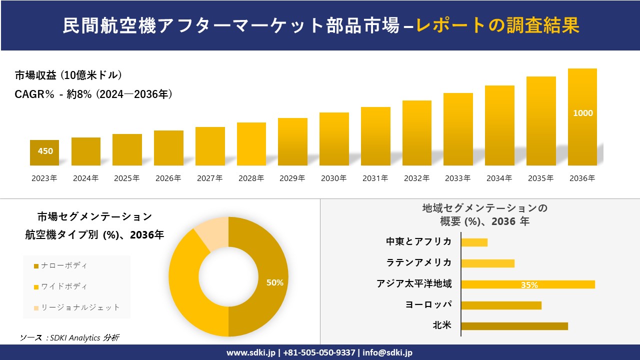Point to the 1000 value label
pyautogui.click(x=582, y=113)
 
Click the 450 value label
pyautogui.click(x=45, y=151)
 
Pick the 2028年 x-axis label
pyautogui.click(x=251, y=178)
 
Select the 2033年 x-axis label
pyautogui.click(x=458, y=178)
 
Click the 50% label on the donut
pyautogui.click(x=274, y=282)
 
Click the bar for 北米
pyautogui.click(x=514, y=326)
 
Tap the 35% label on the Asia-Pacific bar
pyautogui.click(x=529, y=285)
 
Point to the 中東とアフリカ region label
pyautogui.click(x=419, y=241)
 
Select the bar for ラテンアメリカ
pyautogui.click(x=487, y=263)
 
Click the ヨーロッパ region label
pyautogui.click(x=428, y=304)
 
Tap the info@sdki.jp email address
pyautogui.click(x=387, y=352)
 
